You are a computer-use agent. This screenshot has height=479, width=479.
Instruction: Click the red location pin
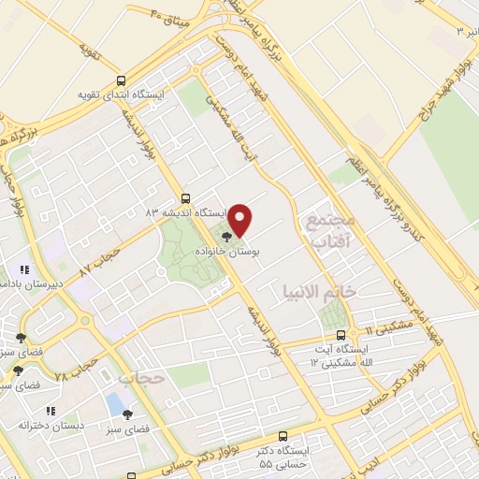241,220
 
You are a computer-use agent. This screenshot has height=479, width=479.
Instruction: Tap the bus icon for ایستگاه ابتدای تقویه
119,80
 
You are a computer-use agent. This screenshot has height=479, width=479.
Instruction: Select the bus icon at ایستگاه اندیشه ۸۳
185,198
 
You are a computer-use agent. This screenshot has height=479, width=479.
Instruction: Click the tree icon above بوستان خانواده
226,236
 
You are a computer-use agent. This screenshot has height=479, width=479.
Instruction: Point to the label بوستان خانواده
226,253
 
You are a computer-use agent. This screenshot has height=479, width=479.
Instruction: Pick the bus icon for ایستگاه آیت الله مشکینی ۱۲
341,334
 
